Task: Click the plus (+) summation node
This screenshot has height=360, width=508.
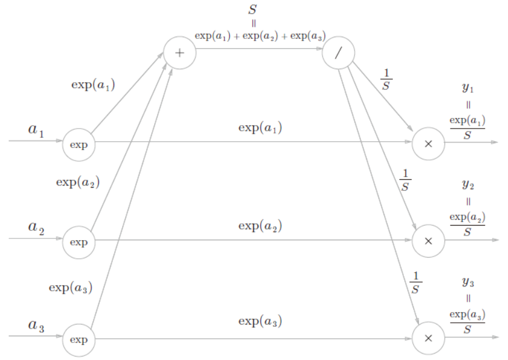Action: pos(180,52)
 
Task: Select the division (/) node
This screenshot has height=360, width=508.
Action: pos(338,52)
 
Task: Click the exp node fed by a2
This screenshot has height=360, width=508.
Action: pos(79,242)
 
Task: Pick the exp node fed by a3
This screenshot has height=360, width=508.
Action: pos(79,340)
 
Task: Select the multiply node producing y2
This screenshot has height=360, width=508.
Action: pos(428,241)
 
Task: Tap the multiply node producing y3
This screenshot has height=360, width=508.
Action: pos(428,338)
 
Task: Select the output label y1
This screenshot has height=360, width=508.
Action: pos(468,88)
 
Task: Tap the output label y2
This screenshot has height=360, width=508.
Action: pos(468,185)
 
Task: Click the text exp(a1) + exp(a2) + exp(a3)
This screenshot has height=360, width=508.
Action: pos(260,36)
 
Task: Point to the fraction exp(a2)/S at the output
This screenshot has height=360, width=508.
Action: pos(467,224)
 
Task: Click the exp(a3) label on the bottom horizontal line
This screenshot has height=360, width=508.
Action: pos(260,320)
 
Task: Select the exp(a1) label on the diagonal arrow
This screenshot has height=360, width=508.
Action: pos(93,84)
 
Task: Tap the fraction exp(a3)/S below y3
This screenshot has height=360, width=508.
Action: pos(467,321)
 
